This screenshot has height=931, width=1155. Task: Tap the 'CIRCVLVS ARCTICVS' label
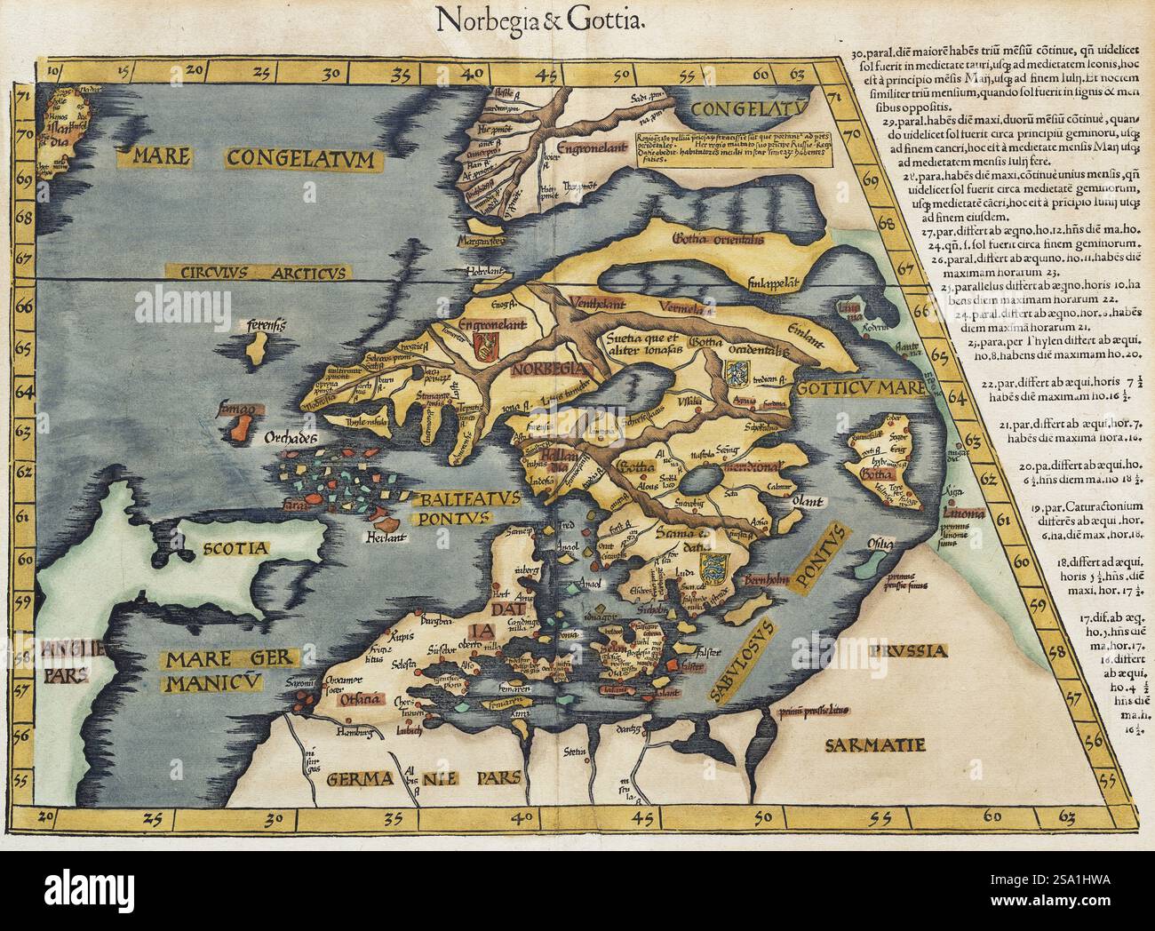coord(259,272)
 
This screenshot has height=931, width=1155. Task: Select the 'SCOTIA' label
coord(232,549)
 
